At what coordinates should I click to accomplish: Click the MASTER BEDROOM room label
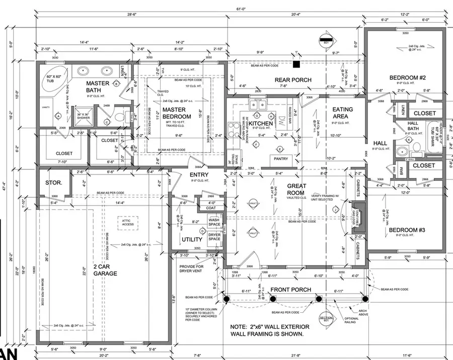point(174,113)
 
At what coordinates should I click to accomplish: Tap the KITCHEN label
point(261,124)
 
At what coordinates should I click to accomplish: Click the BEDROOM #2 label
point(408,77)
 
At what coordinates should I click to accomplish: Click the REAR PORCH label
point(292,80)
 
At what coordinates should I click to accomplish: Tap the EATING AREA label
point(342,113)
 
